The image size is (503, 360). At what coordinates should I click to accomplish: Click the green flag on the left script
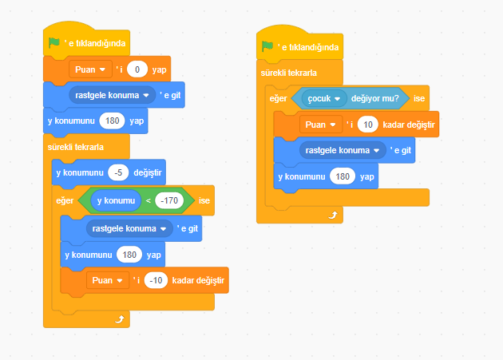click(54, 42)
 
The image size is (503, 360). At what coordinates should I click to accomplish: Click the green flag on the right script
click(267, 46)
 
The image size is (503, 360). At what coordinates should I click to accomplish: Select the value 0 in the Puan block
click(137, 69)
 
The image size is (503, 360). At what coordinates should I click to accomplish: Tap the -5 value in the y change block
click(118, 172)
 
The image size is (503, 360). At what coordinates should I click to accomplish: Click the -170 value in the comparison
click(169, 200)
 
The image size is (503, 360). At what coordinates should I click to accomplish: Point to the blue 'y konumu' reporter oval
click(116, 200)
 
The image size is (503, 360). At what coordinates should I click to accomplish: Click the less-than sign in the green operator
click(148, 201)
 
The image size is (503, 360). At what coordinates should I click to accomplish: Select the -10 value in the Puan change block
click(156, 280)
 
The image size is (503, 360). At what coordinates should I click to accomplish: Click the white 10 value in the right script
click(368, 125)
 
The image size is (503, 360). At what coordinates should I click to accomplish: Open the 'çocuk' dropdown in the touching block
click(324, 98)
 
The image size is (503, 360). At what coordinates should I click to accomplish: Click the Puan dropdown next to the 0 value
click(90, 69)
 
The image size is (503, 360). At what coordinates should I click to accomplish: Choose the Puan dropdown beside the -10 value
click(108, 280)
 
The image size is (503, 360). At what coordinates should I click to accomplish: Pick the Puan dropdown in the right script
click(320, 125)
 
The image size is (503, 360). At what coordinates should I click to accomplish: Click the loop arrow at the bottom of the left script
click(120, 319)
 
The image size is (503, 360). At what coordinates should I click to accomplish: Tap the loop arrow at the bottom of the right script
click(333, 215)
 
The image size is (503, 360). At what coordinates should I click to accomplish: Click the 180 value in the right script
click(343, 176)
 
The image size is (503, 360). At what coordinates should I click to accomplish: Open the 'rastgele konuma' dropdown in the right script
click(343, 151)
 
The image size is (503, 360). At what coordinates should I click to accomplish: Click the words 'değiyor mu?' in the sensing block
click(375, 98)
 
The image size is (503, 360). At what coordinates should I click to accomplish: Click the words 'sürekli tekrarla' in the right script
click(289, 73)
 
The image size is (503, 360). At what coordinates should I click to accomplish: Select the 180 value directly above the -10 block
click(129, 255)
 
